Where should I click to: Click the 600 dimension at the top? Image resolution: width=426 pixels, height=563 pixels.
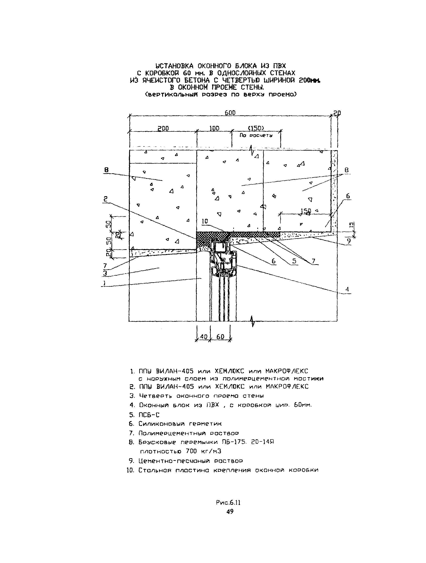(230, 113)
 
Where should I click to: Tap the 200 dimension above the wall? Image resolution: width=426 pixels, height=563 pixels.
(163, 129)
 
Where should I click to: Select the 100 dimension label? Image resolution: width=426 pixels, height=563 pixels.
(214, 128)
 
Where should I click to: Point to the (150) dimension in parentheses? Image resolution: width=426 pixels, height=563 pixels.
(256, 128)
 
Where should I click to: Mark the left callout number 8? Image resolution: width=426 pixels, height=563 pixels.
(106, 170)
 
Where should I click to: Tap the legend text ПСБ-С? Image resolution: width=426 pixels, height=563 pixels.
(149, 415)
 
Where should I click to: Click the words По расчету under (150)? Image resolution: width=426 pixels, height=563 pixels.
(256, 136)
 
